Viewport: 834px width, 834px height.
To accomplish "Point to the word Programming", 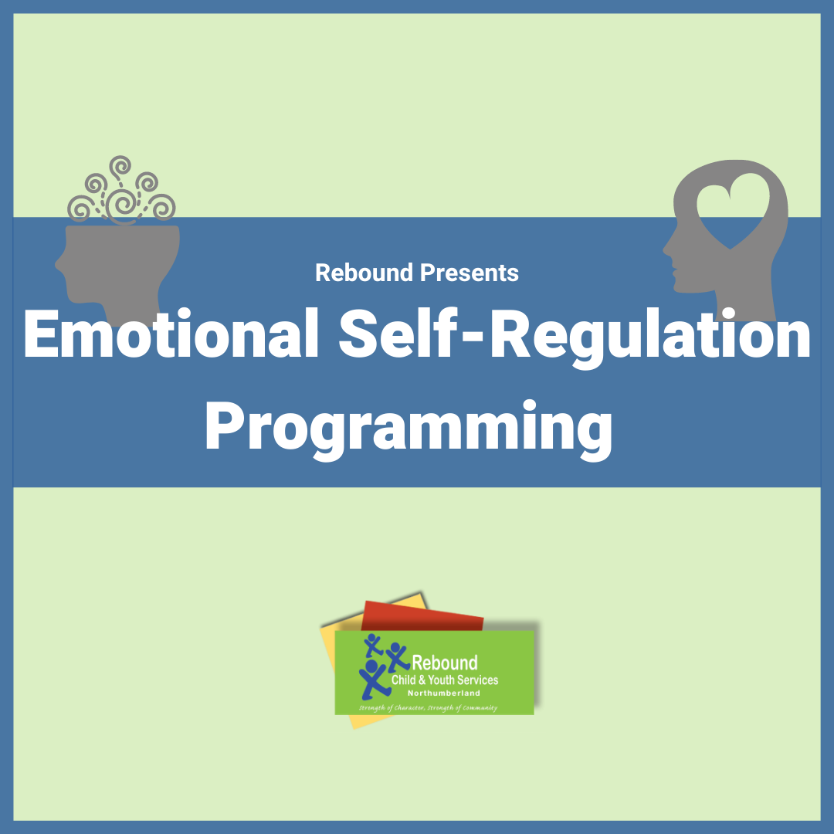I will click(409, 427).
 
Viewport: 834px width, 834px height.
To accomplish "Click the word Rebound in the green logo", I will click(446, 663).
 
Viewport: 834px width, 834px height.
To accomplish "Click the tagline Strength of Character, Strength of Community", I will click(427, 707).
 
